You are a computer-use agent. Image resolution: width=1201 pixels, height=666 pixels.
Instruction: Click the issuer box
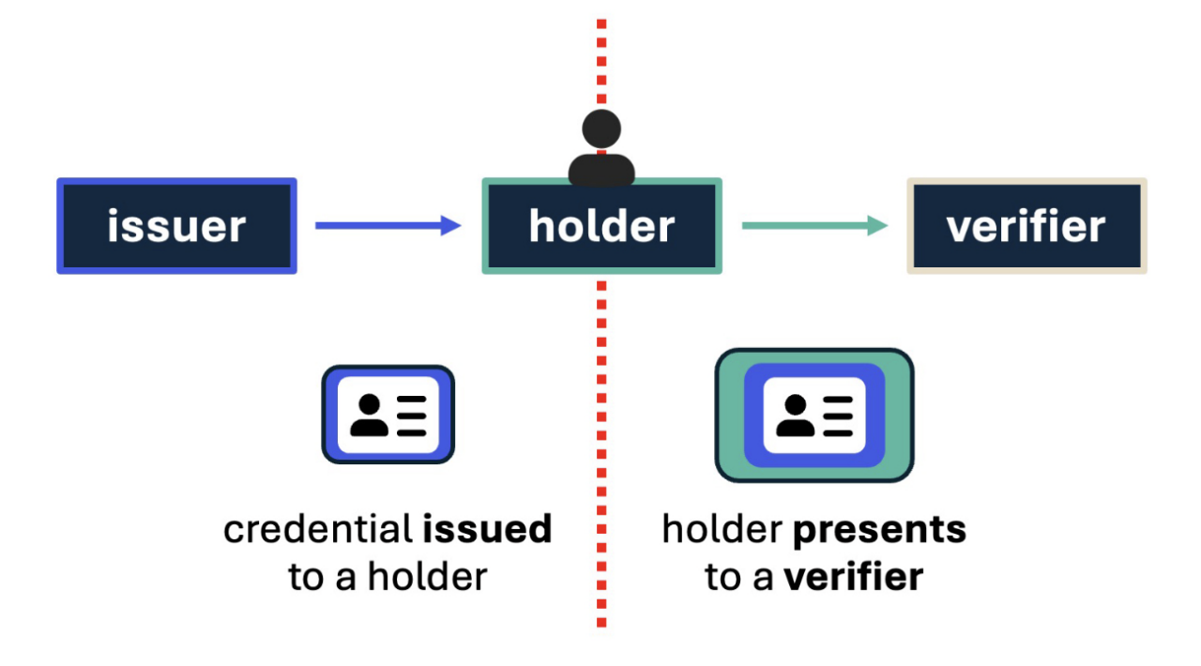[176, 226]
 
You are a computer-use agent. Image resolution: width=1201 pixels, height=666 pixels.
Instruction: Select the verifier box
[1026, 226]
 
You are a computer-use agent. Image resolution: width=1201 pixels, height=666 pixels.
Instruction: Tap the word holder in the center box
[601, 227]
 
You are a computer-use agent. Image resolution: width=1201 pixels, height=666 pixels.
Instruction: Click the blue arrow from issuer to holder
[388, 225]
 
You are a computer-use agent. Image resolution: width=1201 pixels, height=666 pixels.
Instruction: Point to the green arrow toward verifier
[813, 225]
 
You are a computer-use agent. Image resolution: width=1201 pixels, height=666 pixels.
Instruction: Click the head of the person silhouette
[601, 129]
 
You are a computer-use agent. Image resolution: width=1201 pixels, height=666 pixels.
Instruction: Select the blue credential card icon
[388, 414]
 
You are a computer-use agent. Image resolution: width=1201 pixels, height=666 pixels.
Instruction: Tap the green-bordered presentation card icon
[813, 415]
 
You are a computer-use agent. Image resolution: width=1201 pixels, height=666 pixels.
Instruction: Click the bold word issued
[487, 530]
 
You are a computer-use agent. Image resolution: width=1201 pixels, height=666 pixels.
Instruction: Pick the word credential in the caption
[318, 530]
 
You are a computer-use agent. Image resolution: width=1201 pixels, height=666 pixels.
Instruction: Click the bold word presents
[879, 530]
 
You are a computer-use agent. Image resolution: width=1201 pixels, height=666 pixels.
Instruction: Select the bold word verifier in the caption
[854, 577]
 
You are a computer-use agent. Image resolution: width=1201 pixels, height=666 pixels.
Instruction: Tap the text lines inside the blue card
[411, 416]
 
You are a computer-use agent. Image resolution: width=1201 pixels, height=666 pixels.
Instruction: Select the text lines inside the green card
[837, 416]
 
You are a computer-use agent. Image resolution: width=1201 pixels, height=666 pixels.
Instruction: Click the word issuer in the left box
[176, 227]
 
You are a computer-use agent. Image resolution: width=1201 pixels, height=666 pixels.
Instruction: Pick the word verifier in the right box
[1026, 227]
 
